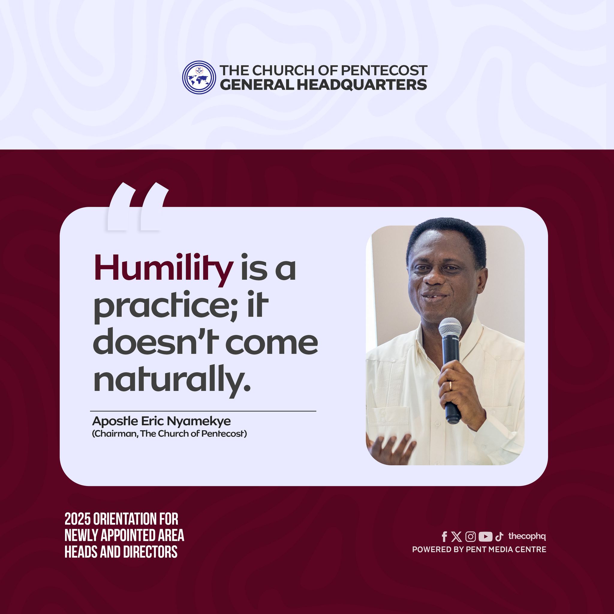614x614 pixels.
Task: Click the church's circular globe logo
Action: (x=199, y=77)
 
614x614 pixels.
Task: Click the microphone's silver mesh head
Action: (x=450, y=328)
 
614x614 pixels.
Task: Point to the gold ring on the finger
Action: (x=450, y=386)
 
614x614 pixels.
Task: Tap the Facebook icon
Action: (x=445, y=537)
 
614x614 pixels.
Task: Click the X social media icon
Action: (x=456, y=537)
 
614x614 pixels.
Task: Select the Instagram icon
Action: (x=470, y=537)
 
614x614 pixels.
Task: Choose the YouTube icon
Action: (x=485, y=537)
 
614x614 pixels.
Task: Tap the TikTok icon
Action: (x=499, y=537)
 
